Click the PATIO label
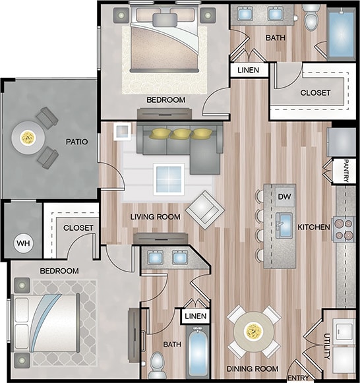pyautogui.click(x=77, y=141)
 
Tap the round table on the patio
pyautogui.click(x=28, y=138)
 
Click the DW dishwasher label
pyautogui.click(x=285, y=196)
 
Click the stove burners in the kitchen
pyautogui.click(x=344, y=228)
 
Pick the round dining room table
pyautogui.click(x=254, y=330)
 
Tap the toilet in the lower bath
pyautogui.click(x=158, y=363)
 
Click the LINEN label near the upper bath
pyautogui.click(x=249, y=70)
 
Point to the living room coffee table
pyautogui.click(x=168, y=177)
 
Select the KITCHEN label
pyautogui.click(x=313, y=227)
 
